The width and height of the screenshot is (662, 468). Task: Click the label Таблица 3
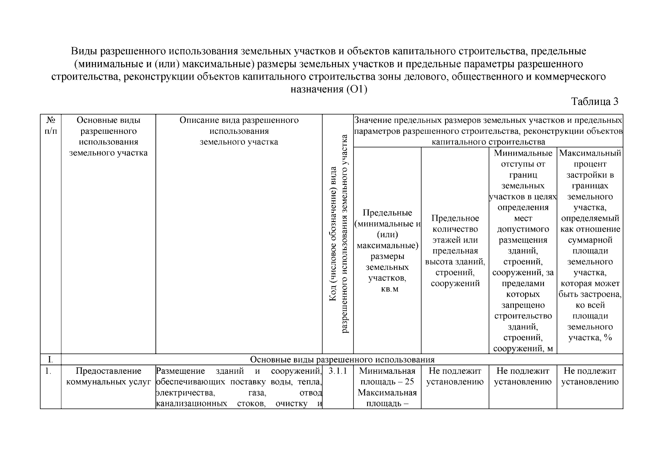click(595, 102)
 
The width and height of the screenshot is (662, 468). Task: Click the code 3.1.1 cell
click(338, 371)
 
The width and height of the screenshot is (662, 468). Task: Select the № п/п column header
click(51, 126)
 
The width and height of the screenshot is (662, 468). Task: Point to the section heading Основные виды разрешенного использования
click(342, 359)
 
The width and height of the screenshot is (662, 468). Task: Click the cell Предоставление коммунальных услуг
click(108, 376)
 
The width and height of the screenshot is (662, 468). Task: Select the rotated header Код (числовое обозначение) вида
click(333, 234)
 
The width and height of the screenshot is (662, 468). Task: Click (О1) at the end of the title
click(357, 89)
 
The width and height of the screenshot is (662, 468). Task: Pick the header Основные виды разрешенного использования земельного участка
click(108, 136)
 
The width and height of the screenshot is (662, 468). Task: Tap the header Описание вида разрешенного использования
click(239, 131)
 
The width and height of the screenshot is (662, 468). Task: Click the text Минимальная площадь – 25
click(387, 376)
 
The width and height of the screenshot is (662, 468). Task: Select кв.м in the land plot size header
click(387, 289)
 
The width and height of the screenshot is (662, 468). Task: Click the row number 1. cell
click(48, 371)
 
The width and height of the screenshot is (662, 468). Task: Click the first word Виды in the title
click(83, 51)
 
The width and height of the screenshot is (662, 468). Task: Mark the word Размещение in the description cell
click(180, 371)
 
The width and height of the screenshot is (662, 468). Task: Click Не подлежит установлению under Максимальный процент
click(590, 376)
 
